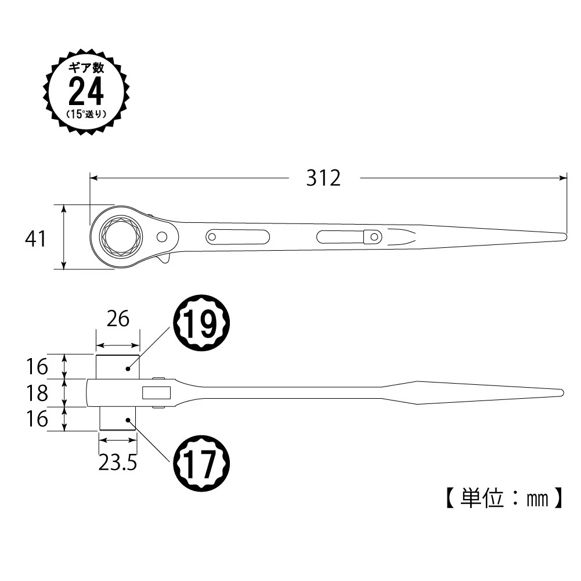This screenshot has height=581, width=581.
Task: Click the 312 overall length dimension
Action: point(323,178)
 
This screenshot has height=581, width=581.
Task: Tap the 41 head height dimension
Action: point(35,239)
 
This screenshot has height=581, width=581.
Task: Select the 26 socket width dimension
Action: point(118,319)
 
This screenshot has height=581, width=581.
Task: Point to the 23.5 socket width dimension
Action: point(118,463)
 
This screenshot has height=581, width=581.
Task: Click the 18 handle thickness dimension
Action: point(37,393)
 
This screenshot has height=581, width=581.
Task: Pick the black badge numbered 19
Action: point(202,323)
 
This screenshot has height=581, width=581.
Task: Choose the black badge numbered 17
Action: point(202,464)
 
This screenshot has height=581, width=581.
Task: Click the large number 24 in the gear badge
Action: point(86,91)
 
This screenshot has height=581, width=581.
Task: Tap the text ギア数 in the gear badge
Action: point(86,67)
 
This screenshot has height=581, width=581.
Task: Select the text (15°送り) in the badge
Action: point(86,114)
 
